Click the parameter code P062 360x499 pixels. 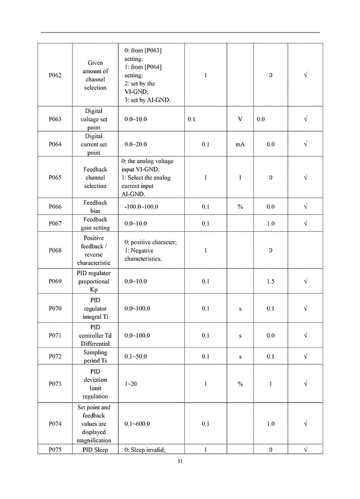pyautogui.click(x=55, y=75)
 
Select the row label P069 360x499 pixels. pyautogui.click(x=55, y=281)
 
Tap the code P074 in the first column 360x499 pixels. pyautogui.click(x=55, y=424)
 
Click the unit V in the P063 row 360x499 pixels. pyautogui.click(x=240, y=119)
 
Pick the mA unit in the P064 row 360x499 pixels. pyautogui.click(x=240, y=145)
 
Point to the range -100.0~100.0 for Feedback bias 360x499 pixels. pyautogui.click(x=141, y=207)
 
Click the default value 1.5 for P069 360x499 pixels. pyautogui.click(x=270, y=281)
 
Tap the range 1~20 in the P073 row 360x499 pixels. pyautogui.click(x=131, y=384)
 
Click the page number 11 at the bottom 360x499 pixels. pyautogui.click(x=180, y=461)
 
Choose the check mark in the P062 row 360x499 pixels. pyautogui.click(x=306, y=75)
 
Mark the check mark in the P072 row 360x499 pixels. pyautogui.click(x=306, y=357)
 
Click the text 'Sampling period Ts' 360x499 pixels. pyautogui.click(x=95, y=357)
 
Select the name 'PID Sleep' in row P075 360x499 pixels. pyautogui.click(x=95, y=449)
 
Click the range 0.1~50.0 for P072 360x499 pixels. pyautogui.click(x=135, y=357)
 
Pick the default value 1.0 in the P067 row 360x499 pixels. pyautogui.click(x=270, y=223)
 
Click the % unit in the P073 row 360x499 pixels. pyautogui.click(x=240, y=384)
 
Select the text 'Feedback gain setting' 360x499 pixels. pyautogui.click(x=95, y=223)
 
